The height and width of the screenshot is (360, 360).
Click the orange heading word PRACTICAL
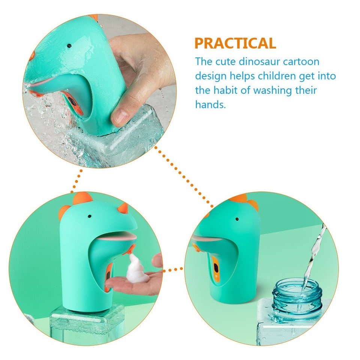[x=235, y=43]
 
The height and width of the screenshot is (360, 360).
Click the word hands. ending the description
[x=210, y=105]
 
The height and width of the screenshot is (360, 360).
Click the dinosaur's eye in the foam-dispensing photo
[x=90, y=216]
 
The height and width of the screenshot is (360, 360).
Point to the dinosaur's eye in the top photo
[x=69, y=45]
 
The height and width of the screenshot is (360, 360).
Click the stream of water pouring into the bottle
[x=313, y=255]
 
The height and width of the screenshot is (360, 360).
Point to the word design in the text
[x=211, y=76]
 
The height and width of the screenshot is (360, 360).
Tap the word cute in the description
[x=228, y=61]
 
